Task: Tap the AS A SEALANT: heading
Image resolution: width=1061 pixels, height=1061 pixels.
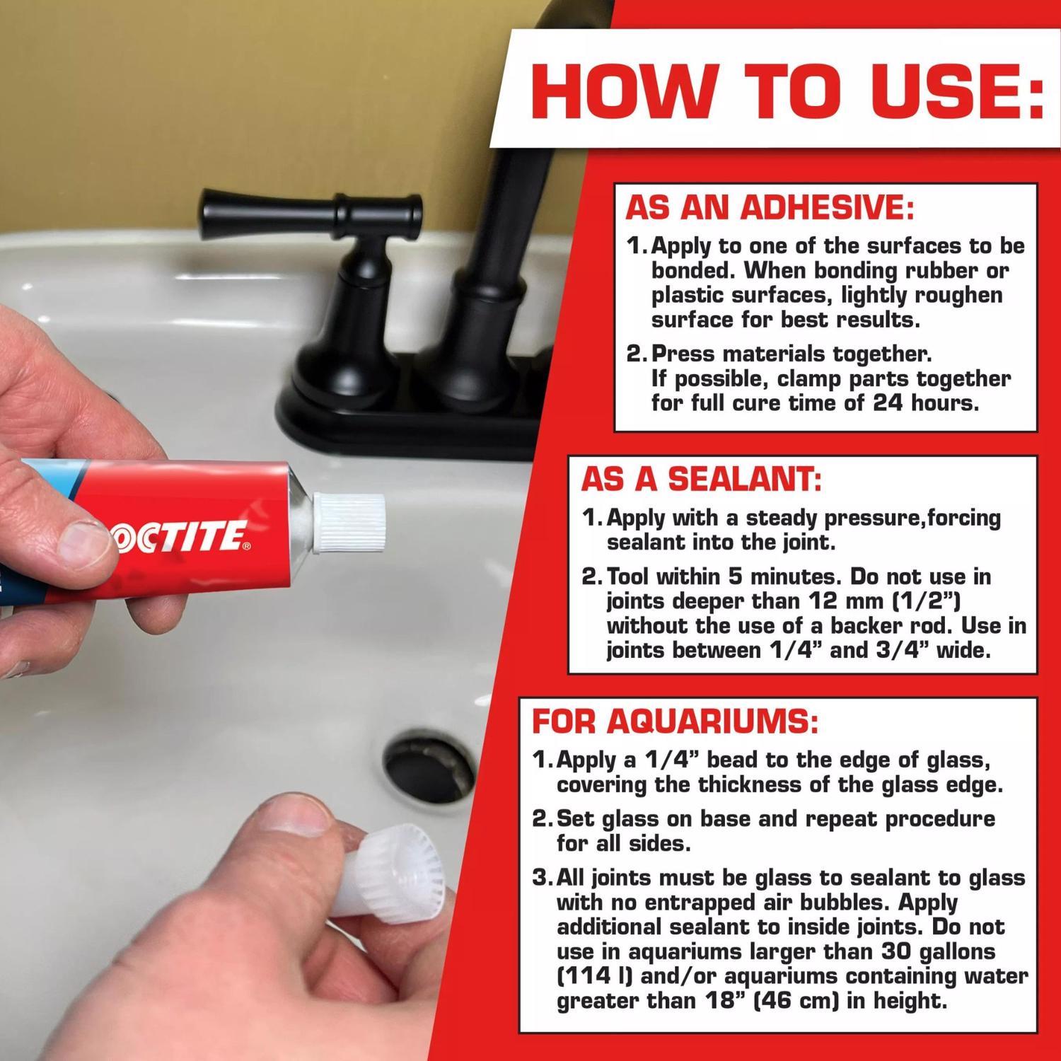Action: pos(701,479)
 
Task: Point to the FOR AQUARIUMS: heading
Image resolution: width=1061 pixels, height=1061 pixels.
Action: pos(675,721)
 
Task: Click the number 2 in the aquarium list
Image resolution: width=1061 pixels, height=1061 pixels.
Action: pos(540,819)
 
